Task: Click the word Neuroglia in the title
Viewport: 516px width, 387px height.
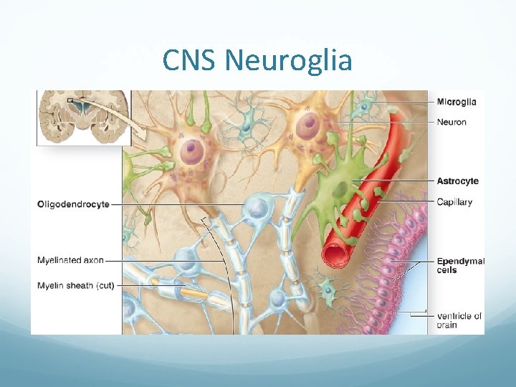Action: (x=289, y=61)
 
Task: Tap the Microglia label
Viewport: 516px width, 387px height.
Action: (x=457, y=102)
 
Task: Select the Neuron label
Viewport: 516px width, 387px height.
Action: (x=451, y=122)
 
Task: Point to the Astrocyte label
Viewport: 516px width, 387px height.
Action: (x=457, y=181)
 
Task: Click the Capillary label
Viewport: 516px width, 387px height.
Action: (x=454, y=202)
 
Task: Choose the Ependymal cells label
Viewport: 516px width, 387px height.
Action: (x=460, y=265)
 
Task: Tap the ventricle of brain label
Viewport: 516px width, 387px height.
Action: (x=459, y=320)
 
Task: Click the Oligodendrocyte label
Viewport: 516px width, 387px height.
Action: (x=73, y=204)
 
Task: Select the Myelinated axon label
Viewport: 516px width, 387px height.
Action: (x=71, y=260)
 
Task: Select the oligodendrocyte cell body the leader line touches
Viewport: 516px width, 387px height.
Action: (x=255, y=209)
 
